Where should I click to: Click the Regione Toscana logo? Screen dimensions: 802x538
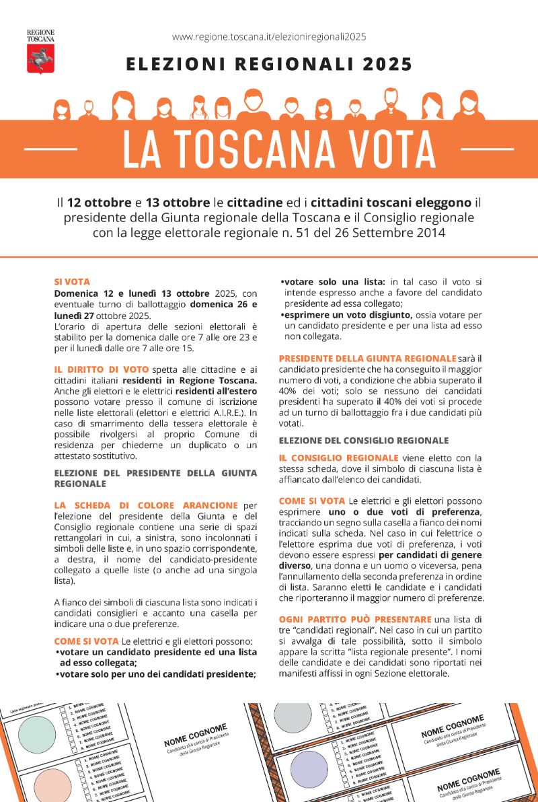point(40,52)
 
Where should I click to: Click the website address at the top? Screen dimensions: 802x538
point(269,37)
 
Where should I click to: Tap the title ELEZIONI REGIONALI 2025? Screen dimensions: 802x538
point(269,65)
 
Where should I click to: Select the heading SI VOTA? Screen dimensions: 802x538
point(71,283)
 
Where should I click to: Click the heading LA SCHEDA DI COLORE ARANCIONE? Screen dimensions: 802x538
point(146,505)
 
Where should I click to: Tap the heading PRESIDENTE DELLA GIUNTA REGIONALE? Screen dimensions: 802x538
point(367,359)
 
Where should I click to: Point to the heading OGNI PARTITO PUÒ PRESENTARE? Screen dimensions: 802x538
point(355,618)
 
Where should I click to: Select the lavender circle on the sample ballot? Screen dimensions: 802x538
point(309,768)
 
